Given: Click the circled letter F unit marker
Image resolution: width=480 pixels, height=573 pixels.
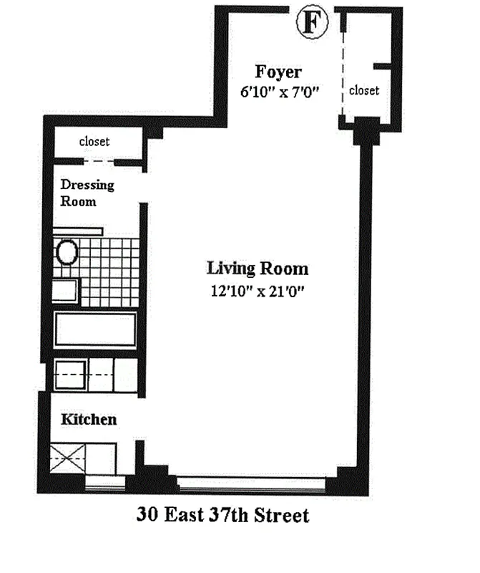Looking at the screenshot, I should click(312, 23).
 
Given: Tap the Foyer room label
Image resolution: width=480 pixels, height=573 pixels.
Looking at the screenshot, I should click(278, 72).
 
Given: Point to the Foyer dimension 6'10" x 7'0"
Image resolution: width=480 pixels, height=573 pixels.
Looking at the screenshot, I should click(279, 92).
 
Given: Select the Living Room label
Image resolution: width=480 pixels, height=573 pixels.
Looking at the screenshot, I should click(258, 269).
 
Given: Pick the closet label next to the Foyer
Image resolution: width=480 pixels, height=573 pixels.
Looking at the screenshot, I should click(364, 91).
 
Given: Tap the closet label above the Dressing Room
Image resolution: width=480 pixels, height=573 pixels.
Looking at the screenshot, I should click(94, 141).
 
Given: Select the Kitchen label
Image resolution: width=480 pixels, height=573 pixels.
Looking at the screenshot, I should click(89, 419).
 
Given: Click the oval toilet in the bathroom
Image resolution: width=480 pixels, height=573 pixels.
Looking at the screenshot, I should click(67, 252).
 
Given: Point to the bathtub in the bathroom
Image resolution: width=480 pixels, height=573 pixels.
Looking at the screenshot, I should click(95, 329).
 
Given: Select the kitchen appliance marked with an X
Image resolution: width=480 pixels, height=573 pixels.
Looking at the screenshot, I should click(67, 458).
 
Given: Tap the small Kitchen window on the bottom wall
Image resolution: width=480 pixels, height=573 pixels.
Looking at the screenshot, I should click(105, 484).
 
